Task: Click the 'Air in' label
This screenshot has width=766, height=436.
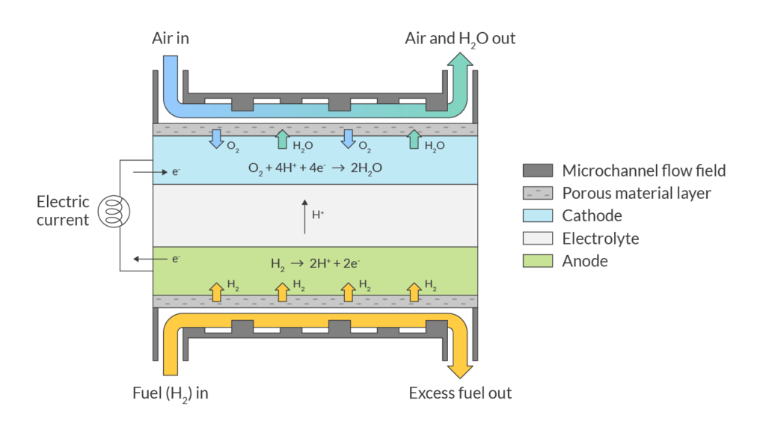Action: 170,38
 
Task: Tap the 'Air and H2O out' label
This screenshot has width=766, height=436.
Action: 459,38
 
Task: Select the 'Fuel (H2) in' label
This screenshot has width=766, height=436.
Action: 169,393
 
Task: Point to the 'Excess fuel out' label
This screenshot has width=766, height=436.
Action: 460,393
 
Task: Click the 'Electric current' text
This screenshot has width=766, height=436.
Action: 64,210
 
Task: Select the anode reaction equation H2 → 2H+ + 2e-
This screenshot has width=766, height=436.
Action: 315,263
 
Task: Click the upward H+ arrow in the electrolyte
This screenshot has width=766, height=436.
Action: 304,214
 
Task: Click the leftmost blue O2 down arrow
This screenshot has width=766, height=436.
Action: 215,138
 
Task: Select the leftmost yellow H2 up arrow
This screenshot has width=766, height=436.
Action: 215,292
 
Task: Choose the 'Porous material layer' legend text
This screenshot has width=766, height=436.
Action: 636,193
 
